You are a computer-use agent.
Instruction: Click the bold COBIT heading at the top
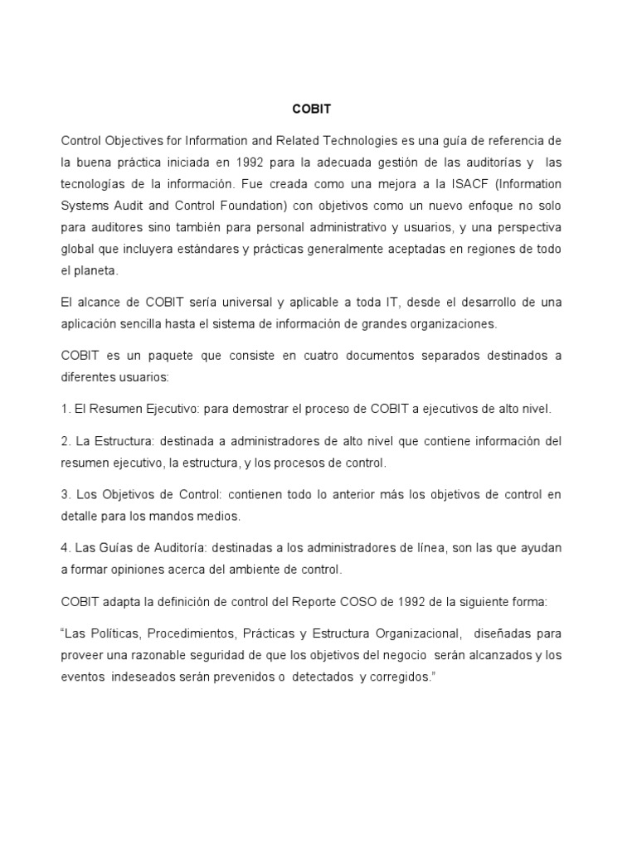click(311, 108)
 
